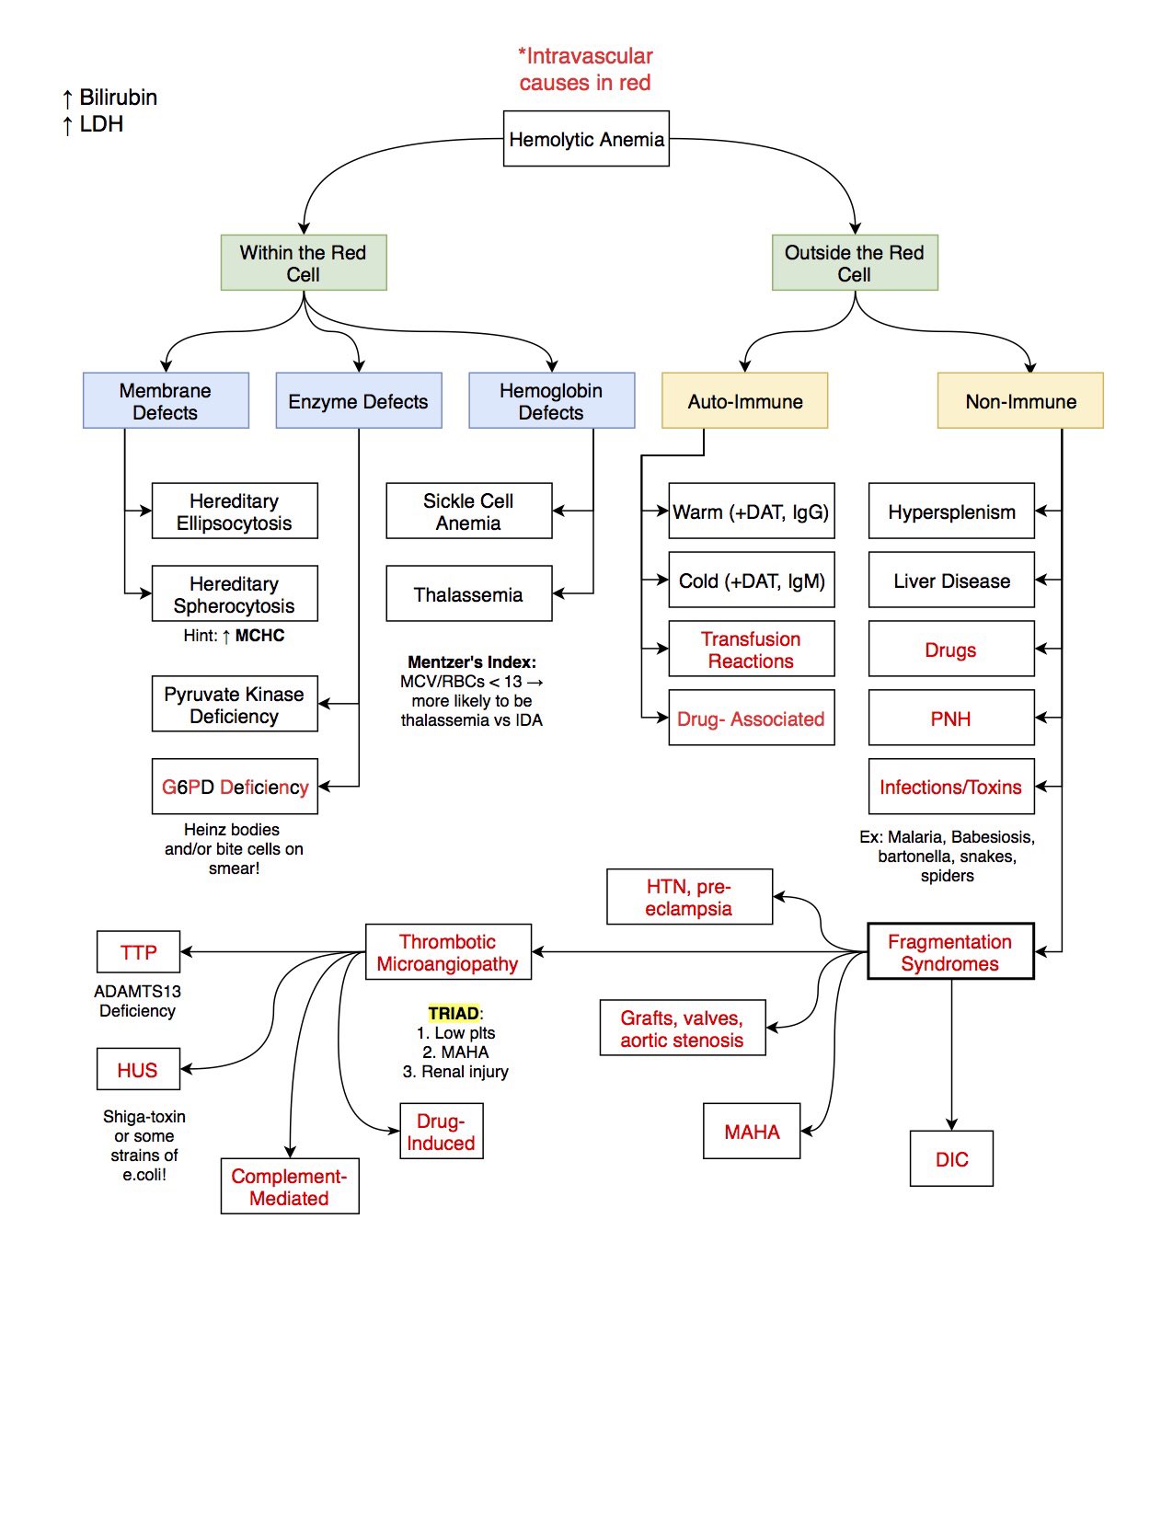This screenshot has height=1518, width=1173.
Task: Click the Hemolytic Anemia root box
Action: pos(586,139)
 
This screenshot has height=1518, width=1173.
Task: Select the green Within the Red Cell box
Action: pos(303,263)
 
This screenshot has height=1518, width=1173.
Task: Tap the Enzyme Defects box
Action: pos(358,401)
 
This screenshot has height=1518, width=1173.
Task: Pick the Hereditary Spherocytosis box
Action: pos(235,594)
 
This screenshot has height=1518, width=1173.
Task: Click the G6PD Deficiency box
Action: pos(235,787)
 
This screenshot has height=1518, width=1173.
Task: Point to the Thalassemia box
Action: pos(468,594)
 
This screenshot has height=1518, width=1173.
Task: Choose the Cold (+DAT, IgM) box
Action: pos(751,581)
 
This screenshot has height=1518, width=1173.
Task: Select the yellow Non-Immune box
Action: pos(1020,401)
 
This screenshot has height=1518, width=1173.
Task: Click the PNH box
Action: pos(950,719)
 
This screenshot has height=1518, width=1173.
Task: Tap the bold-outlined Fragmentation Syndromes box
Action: pos(950,952)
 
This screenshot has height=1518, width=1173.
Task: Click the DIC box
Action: pos(951,1159)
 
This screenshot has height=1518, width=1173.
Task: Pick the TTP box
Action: pos(138,952)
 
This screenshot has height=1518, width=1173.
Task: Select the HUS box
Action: pos(138,1070)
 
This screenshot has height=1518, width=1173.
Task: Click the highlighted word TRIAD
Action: pos(454,1013)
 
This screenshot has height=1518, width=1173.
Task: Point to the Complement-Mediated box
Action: pos(290,1187)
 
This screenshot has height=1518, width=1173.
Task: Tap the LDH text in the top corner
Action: pos(100,124)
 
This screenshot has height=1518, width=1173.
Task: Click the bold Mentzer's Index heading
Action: pos(471,661)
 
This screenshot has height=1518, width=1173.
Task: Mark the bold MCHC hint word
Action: pos(259,635)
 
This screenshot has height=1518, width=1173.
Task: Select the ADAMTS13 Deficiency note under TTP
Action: pos(137,1001)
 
